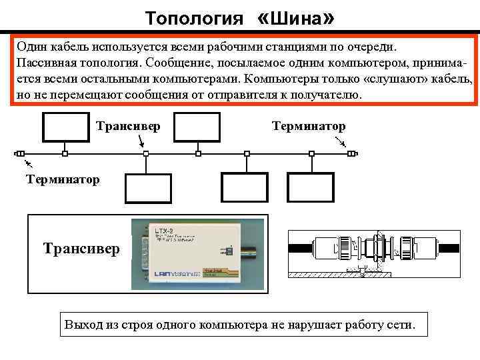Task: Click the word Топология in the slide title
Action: pyautogui.click(x=194, y=17)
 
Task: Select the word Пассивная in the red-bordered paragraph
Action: pyautogui.click(x=48, y=63)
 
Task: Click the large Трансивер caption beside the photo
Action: pyautogui.click(x=81, y=249)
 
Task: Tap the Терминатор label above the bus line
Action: pyautogui.click(x=309, y=125)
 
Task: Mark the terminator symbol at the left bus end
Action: pyautogui.click(x=19, y=153)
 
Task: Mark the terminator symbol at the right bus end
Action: pyautogui.click(x=353, y=153)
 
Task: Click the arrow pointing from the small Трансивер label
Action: pyautogui.click(x=141, y=141)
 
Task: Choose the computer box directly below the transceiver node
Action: pyautogui.click(x=149, y=187)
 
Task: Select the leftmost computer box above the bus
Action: pyautogui.click(x=65, y=127)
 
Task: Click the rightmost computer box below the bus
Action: pyautogui.click(x=309, y=187)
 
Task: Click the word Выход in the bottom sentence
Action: pyautogui.click(x=84, y=325)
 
